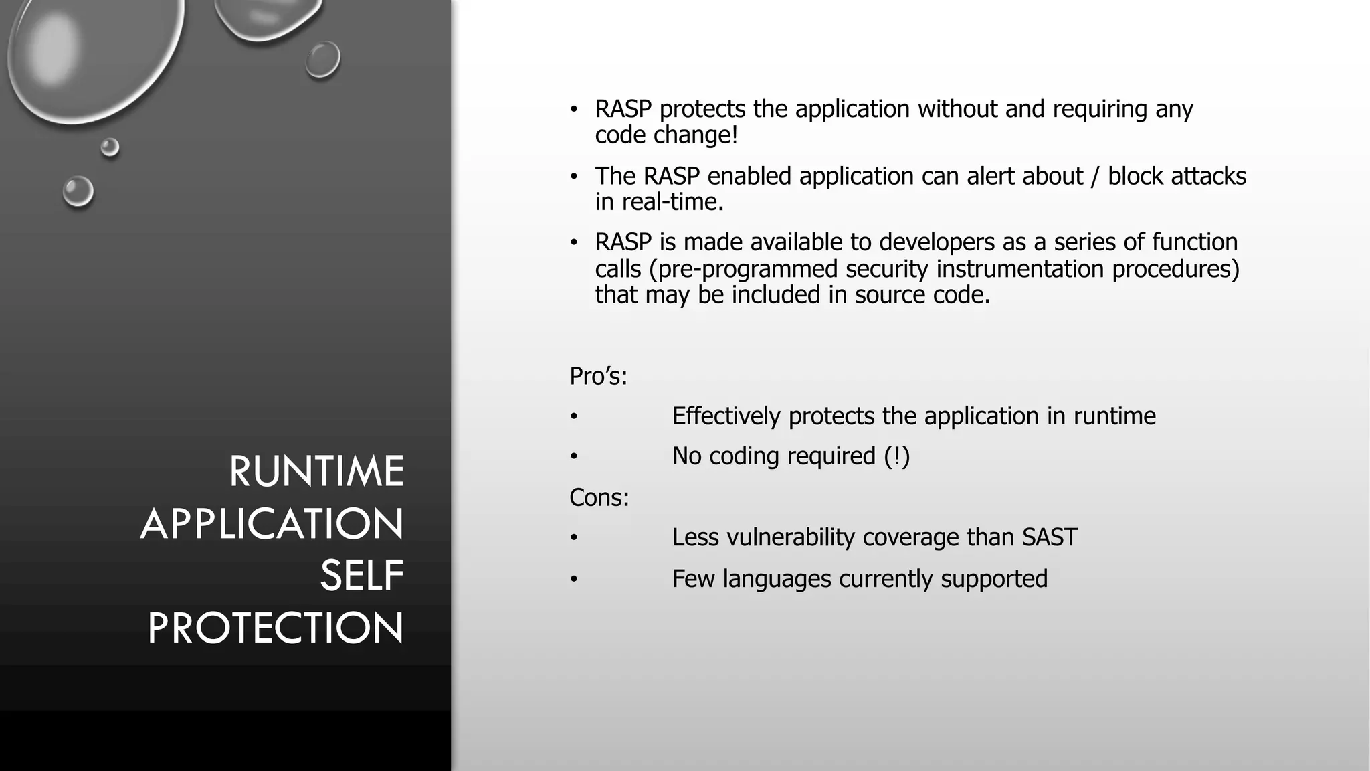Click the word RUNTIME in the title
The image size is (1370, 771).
coord(316,471)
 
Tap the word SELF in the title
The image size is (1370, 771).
coord(362,576)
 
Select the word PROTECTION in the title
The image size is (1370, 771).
coord(276,628)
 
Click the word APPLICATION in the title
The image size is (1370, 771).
coord(272,523)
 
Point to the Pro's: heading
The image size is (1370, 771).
coord(598,377)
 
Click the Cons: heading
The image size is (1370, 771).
coord(599,497)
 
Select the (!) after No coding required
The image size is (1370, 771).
coord(896,456)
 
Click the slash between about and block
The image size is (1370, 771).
coord(1095,176)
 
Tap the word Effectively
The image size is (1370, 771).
coord(726,416)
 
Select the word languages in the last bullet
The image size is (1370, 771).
coord(777,579)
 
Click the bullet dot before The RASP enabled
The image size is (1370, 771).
coord(573,177)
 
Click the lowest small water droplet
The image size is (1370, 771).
coord(78,192)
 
